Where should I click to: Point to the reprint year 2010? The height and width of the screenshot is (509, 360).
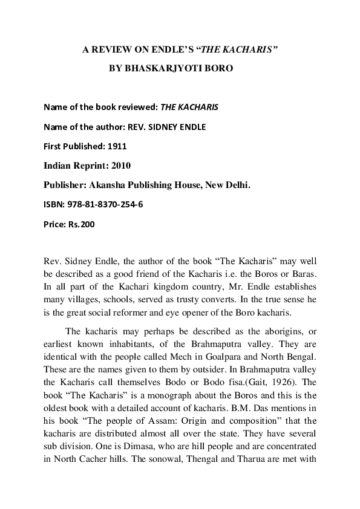click(118, 166)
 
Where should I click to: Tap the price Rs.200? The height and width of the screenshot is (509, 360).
click(81, 224)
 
